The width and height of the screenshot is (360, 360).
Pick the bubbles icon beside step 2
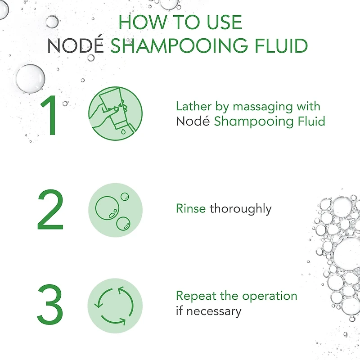click(115, 210)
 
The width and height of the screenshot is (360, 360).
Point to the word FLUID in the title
click(281, 46)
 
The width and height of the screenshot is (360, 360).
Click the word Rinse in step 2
click(191, 208)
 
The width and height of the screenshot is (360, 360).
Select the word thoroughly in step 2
click(241, 209)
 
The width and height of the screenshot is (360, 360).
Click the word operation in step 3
click(270, 297)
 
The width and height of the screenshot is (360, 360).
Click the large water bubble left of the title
click(30, 78)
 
